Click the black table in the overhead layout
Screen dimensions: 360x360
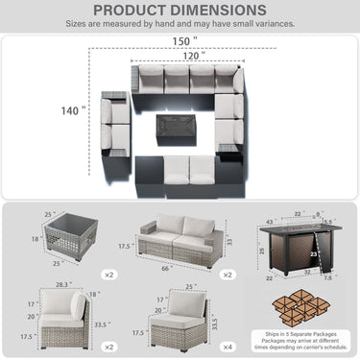pyautogui.click(x=179, y=127)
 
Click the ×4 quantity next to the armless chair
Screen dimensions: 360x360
pyautogui.click(x=226, y=345)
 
